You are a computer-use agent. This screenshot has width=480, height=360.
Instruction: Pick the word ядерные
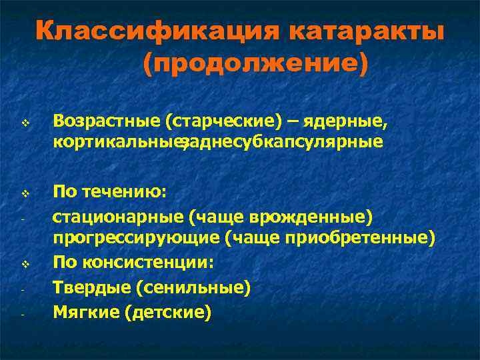pos(347,122)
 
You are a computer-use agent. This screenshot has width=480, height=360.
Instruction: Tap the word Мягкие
pos(85,311)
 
